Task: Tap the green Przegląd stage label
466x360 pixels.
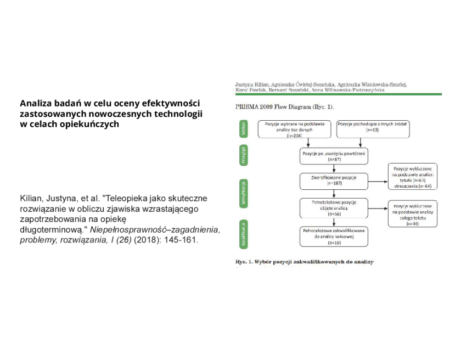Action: (x=244, y=155)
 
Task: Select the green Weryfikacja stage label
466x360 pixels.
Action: (x=244, y=193)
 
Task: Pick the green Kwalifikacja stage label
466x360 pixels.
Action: (x=244, y=233)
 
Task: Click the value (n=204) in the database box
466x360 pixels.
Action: (x=295, y=136)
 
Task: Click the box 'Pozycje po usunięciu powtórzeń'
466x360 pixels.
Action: (x=334, y=156)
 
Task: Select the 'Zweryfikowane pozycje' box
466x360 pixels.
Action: (x=334, y=181)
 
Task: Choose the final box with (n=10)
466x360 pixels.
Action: (x=334, y=236)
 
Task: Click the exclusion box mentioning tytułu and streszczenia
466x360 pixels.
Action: (x=412, y=176)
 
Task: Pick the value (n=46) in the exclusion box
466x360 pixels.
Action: (x=412, y=223)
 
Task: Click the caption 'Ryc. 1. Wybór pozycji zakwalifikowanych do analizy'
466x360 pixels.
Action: (x=305, y=262)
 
